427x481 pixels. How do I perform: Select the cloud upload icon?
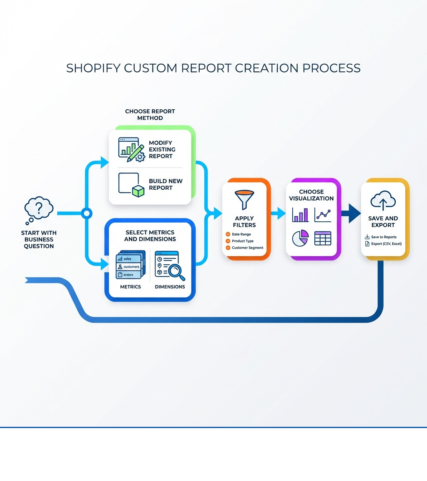(383, 201)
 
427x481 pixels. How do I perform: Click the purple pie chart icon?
(300, 238)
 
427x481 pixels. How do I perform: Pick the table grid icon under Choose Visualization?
(322, 238)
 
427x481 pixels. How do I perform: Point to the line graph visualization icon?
(323, 215)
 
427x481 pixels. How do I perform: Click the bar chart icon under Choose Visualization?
(301, 215)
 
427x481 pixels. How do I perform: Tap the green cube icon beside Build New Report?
(138, 190)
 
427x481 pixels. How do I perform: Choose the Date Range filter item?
(241, 234)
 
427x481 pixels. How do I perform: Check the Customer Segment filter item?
(247, 248)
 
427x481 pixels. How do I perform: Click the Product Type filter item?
(242, 241)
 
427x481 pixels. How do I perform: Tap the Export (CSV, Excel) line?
(386, 243)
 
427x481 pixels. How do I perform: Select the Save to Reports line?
(383, 237)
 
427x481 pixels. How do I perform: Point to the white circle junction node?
(86, 214)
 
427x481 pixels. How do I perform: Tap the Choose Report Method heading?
(150, 115)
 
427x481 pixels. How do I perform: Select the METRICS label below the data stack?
(130, 287)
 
